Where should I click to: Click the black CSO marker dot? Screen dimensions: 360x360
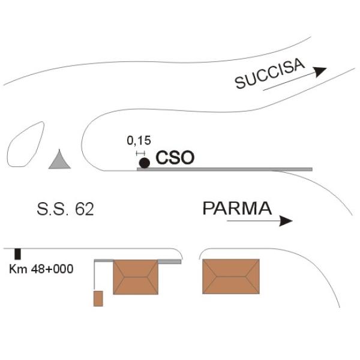145,163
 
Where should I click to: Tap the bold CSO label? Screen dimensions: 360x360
175,158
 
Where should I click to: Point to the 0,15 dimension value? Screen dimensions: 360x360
139,140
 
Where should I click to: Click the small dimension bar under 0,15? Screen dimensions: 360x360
140,153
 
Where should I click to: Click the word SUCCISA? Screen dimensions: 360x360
270,73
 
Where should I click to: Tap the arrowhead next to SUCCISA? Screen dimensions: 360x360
320,71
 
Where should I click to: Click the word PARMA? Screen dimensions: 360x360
237,208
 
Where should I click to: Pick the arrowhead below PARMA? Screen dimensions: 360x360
286,221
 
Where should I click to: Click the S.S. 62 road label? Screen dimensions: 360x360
65,209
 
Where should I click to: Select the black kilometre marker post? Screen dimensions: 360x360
17,254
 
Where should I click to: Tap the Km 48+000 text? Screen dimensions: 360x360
41,269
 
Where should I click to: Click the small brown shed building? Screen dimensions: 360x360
98,298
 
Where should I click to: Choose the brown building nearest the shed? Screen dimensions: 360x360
136,277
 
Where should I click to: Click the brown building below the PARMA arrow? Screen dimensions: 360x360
231,277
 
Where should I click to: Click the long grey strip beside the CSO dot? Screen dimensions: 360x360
224,169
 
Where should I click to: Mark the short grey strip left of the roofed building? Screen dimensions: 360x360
104,260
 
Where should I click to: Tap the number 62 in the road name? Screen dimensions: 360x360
85,209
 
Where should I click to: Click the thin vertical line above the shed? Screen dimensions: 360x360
94,275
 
